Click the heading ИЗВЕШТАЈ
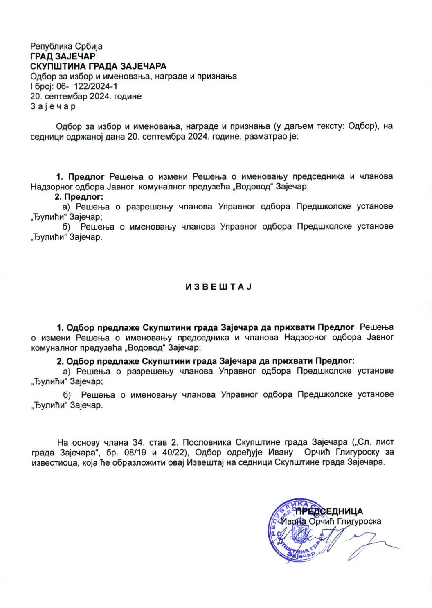pos(218,287)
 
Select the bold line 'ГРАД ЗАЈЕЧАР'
pos(63,56)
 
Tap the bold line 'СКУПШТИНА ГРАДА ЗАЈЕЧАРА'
pos(99,66)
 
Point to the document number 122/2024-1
pos(93,86)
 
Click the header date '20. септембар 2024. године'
pos(86,97)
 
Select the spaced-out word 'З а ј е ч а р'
pos(53,106)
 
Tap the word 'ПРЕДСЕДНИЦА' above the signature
pos(329,511)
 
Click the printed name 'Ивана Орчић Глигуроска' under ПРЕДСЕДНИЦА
pos(331,521)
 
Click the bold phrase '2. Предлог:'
pos(79,196)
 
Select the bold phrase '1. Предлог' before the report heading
pos(81,177)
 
